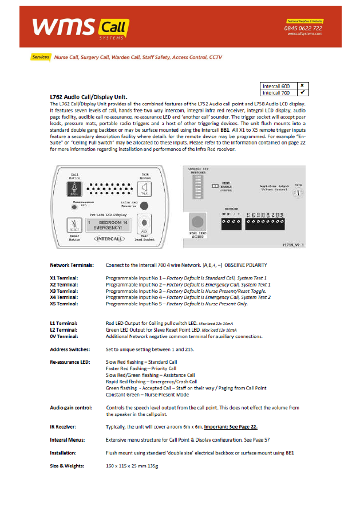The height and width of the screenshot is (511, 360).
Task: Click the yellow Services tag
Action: [41, 57]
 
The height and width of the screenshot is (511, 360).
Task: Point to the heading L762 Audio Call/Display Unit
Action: [89, 97]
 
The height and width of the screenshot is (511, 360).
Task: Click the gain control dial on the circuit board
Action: [298, 193]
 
